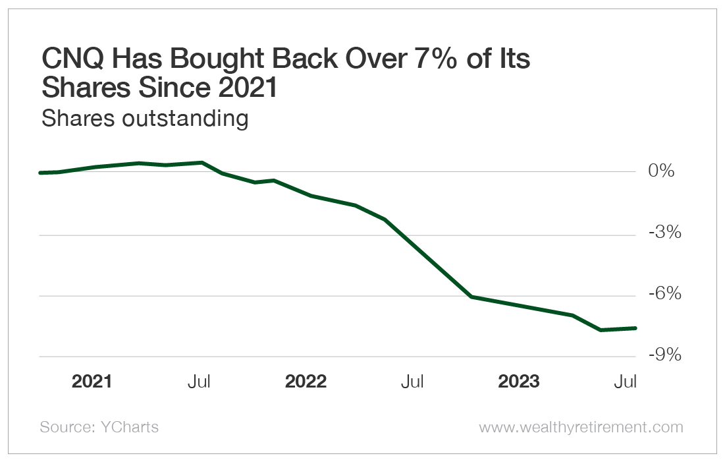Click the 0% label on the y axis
661,171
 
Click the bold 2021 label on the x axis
92,382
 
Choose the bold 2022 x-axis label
306,382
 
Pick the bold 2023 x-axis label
519,382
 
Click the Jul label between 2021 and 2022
199,382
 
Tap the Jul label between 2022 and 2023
412,382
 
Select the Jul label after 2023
626,382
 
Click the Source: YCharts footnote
99,427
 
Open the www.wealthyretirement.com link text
581,427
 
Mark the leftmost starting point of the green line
41,173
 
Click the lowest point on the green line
601,330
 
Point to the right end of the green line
635,328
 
